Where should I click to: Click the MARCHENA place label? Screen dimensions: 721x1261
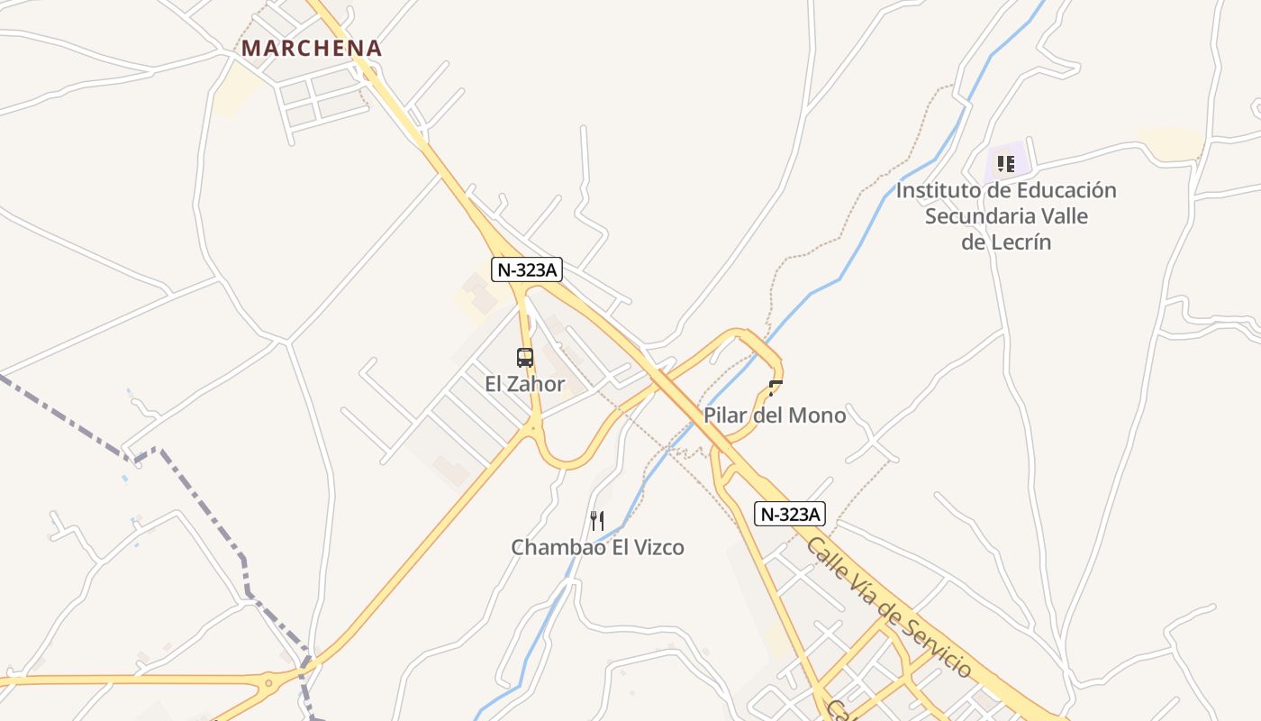pyautogui.click(x=312, y=48)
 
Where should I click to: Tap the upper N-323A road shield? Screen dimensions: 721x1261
pyautogui.click(x=527, y=269)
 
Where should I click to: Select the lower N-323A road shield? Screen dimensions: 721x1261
pyautogui.click(x=790, y=514)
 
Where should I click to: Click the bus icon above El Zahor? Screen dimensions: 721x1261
pyautogui.click(x=525, y=358)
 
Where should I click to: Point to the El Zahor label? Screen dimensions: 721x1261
pyautogui.click(x=525, y=384)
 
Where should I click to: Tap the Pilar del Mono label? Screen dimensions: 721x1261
pyautogui.click(x=775, y=415)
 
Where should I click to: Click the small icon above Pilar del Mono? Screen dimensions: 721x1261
pyautogui.click(x=776, y=388)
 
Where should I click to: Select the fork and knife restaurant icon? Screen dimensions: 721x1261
pyautogui.click(x=596, y=520)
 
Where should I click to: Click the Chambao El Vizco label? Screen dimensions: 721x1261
pyautogui.click(x=597, y=547)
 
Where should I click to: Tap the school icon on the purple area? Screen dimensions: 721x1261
pyautogui.click(x=1006, y=164)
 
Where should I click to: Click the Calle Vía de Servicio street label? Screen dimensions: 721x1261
pyautogui.click(x=889, y=607)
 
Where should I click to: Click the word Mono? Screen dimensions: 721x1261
pyautogui.click(x=818, y=415)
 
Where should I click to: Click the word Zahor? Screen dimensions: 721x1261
pyautogui.click(x=538, y=384)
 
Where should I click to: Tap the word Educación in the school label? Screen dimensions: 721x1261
pyautogui.click(x=1066, y=191)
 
